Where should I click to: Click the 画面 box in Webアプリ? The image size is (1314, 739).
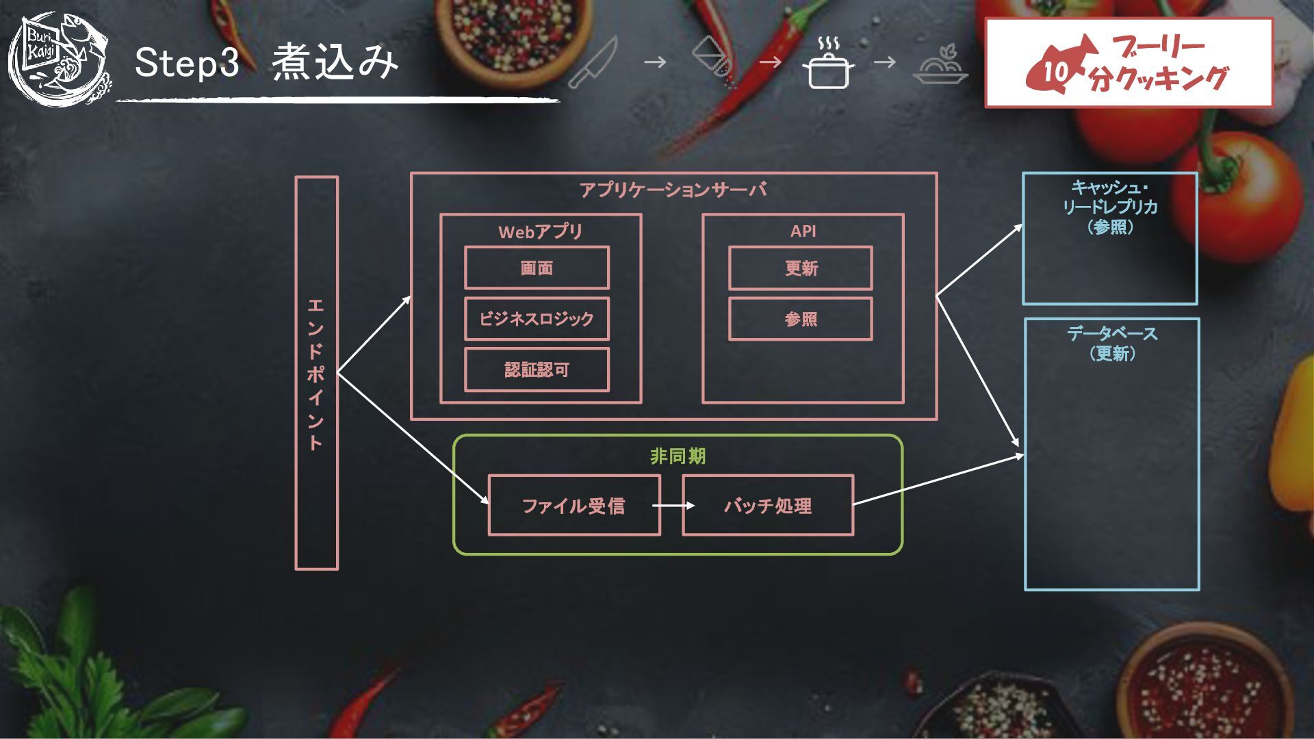click(537, 268)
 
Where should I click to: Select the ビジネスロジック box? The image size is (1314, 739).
click(537, 319)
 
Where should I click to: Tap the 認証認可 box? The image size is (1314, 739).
click(537, 370)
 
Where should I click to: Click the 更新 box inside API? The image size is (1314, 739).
click(801, 268)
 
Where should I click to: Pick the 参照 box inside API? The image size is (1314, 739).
click(801, 319)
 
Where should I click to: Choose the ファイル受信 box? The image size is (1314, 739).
click(574, 506)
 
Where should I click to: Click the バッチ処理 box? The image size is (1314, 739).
click(768, 506)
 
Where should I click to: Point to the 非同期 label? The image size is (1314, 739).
click(678, 456)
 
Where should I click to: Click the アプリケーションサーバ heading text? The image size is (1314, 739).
click(673, 190)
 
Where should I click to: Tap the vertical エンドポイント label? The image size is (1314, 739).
click(315, 374)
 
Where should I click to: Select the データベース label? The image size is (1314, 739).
click(1112, 334)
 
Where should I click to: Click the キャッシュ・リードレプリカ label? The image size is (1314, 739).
click(1110, 197)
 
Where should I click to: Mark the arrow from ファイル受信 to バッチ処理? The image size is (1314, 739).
click(673, 506)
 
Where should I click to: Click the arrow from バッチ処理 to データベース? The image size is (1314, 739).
click(938, 480)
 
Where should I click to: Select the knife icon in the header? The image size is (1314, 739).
click(593, 63)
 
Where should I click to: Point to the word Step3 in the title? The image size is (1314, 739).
click(187, 62)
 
